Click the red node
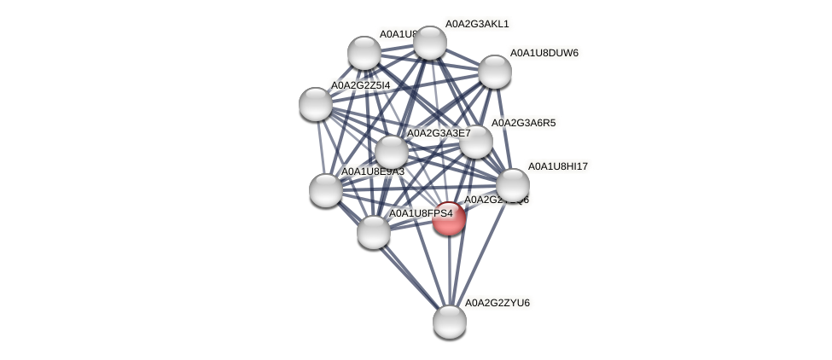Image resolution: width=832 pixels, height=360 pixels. tap(449, 218)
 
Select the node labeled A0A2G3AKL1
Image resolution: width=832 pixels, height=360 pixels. tap(429, 43)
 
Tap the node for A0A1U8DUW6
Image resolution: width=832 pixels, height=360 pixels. tap(494, 72)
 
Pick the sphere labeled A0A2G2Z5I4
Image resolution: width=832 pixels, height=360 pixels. tap(316, 104)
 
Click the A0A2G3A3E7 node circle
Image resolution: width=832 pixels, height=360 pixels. tap(392, 152)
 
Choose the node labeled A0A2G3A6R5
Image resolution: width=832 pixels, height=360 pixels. tap(476, 142)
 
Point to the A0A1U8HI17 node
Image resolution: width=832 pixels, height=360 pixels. tap(512, 184)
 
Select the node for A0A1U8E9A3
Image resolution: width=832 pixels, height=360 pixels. tap(325, 189)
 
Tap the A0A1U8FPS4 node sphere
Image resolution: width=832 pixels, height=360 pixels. tap(373, 231)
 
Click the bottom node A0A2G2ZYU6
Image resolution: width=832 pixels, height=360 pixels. tap(450, 322)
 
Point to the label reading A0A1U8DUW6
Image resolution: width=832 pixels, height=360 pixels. tap(544, 53)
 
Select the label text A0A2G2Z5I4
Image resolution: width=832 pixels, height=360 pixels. tap(360, 85)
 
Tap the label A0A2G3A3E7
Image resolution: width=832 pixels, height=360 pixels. tap(438, 133)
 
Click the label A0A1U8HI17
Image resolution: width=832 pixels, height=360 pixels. tap(558, 166)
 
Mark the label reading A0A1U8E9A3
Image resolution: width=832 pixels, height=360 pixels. tap(372, 172)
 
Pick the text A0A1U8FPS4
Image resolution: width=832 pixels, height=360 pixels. tap(421, 212)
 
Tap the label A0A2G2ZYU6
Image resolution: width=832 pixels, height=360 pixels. tap(496, 303)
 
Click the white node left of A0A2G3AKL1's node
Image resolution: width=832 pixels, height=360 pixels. tap(364, 53)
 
